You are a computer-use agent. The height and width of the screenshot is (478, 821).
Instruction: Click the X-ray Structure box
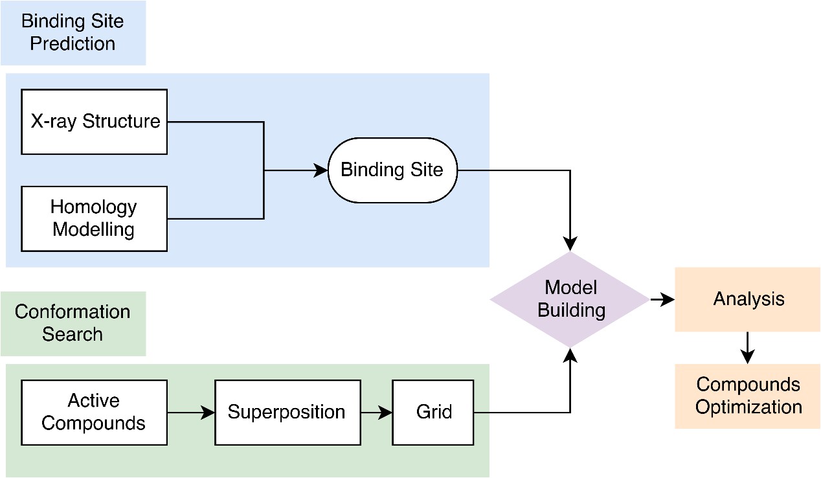[x=94, y=122]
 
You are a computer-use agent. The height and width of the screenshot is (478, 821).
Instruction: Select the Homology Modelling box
[x=94, y=218]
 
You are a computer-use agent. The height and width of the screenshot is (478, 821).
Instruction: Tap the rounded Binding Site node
[x=392, y=170]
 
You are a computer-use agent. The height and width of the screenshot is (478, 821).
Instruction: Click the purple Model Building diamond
[x=570, y=299]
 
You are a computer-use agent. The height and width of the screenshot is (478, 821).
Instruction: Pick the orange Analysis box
[x=747, y=299]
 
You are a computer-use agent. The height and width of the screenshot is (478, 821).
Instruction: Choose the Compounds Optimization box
[x=747, y=396]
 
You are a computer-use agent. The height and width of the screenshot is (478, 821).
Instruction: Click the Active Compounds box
[x=94, y=413]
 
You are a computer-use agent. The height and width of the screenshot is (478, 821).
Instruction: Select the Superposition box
[x=287, y=413]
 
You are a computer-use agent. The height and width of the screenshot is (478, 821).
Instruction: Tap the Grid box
[x=433, y=413]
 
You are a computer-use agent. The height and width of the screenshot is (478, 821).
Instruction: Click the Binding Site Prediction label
[x=73, y=32]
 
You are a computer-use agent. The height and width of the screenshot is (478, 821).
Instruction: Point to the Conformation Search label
[x=73, y=323]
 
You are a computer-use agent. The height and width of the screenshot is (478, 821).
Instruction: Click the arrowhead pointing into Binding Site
[x=321, y=170]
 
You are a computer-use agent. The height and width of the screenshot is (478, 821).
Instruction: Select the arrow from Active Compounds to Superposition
[x=191, y=413]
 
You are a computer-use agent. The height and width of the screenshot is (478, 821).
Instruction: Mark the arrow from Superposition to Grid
[x=377, y=413]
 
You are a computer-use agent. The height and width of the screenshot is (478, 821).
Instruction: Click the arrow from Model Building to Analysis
[x=662, y=299]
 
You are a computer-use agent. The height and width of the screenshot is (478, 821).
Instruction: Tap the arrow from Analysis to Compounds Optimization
[x=747, y=348]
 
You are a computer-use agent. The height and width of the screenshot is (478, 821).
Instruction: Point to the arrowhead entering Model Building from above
[x=570, y=244]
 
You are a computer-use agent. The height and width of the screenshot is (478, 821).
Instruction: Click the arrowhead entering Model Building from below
[x=570, y=354]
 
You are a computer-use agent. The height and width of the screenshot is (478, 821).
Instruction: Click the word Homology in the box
[x=94, y=207]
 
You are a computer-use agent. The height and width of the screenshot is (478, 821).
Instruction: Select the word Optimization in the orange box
[x=748, y=407]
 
